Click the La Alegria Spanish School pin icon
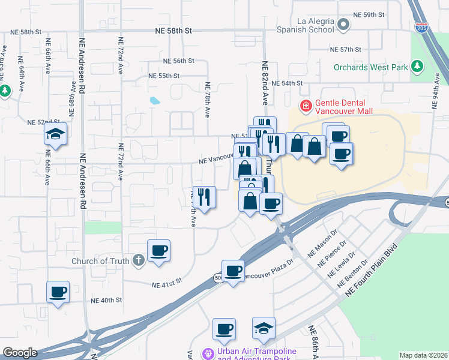click(x=343, y=25)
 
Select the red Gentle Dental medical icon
click(x=306, y=106)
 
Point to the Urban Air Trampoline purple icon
click(x=208, y=353)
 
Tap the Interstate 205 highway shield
click(x=421, y=28)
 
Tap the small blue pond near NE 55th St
click(x=155, y=100)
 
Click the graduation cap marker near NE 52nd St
click(x=55, y=134)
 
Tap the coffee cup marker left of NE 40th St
click(x=58, y=292)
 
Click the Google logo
click(x=20, y=353)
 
